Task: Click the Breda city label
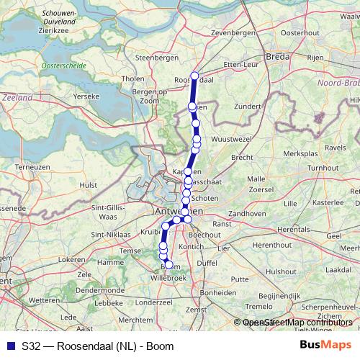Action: click(x=277, y=55)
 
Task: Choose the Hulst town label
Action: click(x=89, y=185)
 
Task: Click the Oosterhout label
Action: click(x=300, y=33)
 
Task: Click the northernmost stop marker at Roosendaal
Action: click(x=194, y=76)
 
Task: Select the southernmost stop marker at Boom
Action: click(x=169, y=266)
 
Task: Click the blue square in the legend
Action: click(x=10, y=346)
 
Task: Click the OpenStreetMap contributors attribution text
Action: click(x=298, y=323)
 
